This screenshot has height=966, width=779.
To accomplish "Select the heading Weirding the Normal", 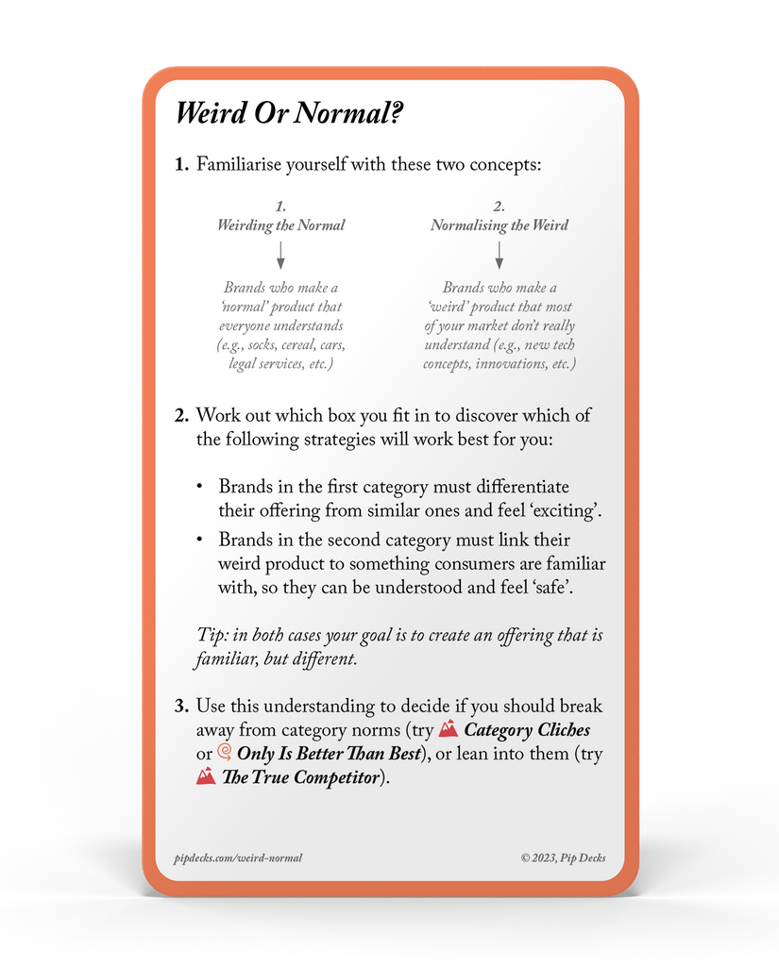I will pyautogui.click(x=280, y=225).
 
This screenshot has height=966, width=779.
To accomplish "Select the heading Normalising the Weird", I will pyautogui.click(x=500, y=225).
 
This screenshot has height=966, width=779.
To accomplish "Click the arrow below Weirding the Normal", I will pyautogui.click(x=280, y=255).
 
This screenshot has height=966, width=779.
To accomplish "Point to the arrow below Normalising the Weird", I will pyautogui.click(x=500, y=255).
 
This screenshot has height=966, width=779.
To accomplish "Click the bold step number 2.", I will pyautogui.click(x=182, y=415).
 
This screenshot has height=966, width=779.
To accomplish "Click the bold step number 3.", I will pyautogui.click(x=182, y=706).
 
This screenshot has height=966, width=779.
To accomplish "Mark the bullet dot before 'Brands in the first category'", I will pyautogui.click(x=199, y=487).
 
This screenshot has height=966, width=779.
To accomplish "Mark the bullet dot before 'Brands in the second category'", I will pyautogui.click(x=199, y=540).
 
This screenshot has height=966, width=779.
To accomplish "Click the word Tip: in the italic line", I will pyautogui.click(x=212, y=635).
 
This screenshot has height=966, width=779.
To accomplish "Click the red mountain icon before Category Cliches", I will pyautogui.click(x=449, y=729).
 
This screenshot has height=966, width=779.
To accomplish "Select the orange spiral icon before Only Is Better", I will pyautogui.click(x=224, y=753).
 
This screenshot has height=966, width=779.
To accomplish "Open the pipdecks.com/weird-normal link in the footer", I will pyautogui.click(x=238, y=858).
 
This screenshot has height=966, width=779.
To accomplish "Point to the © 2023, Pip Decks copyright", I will pyautogui.click(x=563, y=858).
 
